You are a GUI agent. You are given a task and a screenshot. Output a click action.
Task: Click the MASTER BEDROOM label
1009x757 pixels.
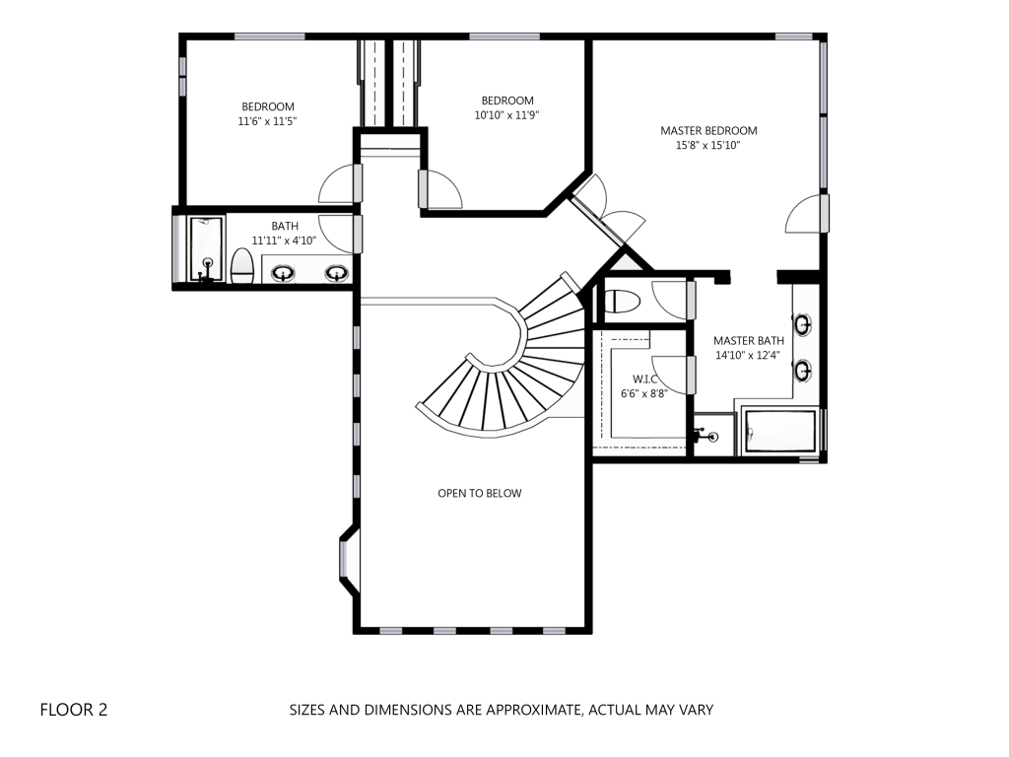click(708, 131)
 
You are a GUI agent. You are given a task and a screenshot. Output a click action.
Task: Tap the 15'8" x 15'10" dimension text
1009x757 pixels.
click(707, 146)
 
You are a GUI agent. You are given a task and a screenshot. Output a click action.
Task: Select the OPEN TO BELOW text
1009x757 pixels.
click(480, 493)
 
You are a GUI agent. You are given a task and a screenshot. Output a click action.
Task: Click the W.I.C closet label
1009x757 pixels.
click(644, 379)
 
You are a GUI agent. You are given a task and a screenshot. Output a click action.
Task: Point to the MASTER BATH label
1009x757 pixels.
click(749, 340)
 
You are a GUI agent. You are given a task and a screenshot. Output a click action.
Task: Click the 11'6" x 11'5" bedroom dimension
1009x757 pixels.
click(268, 121)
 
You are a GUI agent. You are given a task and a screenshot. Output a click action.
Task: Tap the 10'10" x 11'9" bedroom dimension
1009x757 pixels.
click(507, 115)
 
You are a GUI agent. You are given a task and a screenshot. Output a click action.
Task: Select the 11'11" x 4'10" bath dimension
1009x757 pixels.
click(284, 241)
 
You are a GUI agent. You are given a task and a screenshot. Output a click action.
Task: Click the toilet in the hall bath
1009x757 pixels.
click(242, 266)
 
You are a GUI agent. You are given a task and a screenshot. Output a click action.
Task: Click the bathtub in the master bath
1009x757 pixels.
click(780, 430)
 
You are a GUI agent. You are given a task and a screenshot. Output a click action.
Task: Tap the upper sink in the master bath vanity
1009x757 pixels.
click(802, 324)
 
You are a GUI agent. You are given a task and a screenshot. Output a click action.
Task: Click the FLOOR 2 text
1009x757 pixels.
click(74, 710)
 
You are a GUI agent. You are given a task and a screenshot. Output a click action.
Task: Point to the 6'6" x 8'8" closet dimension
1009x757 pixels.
click(644, 393)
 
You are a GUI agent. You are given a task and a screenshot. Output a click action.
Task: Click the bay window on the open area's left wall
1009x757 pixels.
click(348, 560)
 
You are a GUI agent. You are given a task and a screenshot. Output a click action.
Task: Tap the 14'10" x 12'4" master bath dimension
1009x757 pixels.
click(748, 355)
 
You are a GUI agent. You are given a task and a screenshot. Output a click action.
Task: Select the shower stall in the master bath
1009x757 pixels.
click(713, 435)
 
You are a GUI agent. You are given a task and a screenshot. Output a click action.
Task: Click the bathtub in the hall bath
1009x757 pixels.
click(206, 249)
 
